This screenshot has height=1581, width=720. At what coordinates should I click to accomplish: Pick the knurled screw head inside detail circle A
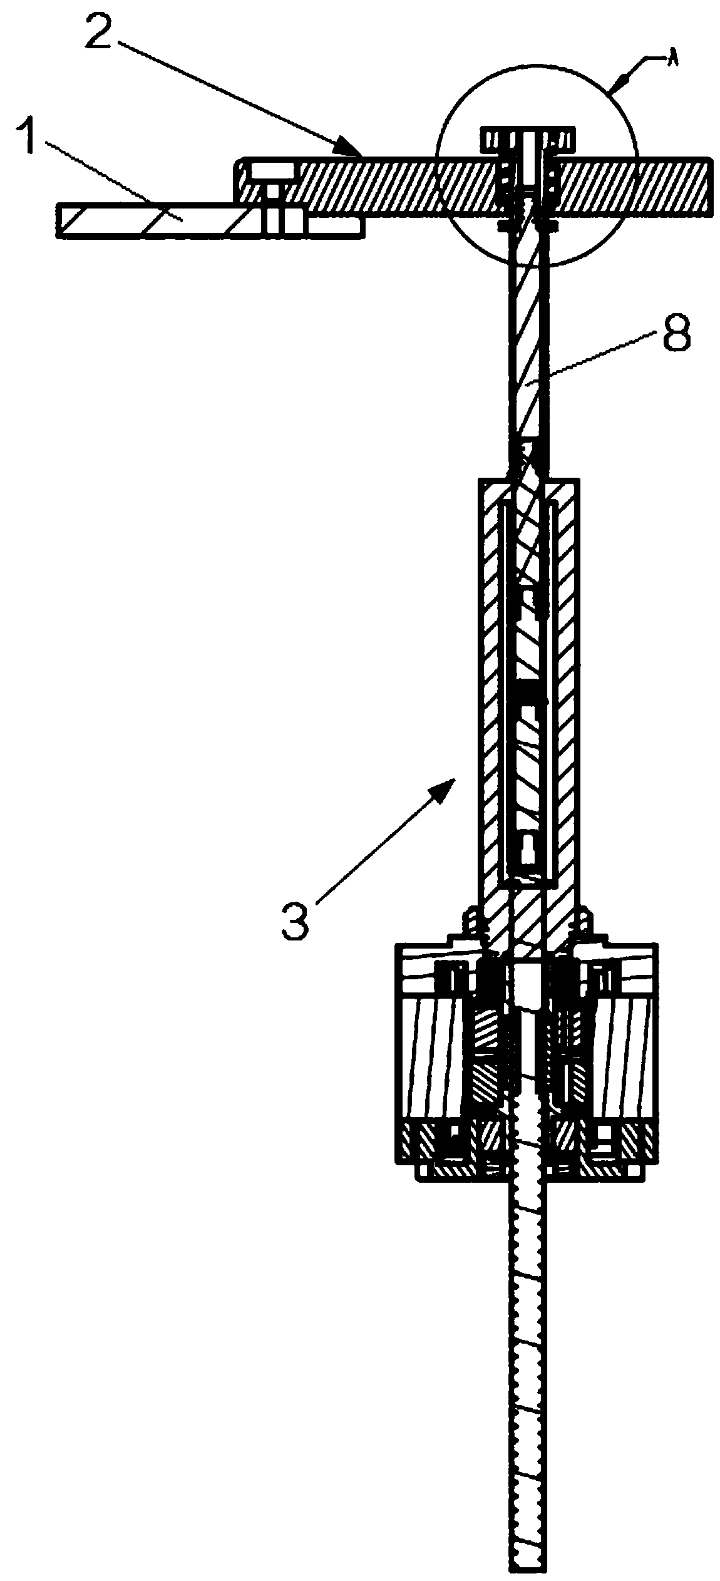coord(527,137)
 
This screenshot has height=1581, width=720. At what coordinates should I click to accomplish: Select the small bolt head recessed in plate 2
coord(271,171)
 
